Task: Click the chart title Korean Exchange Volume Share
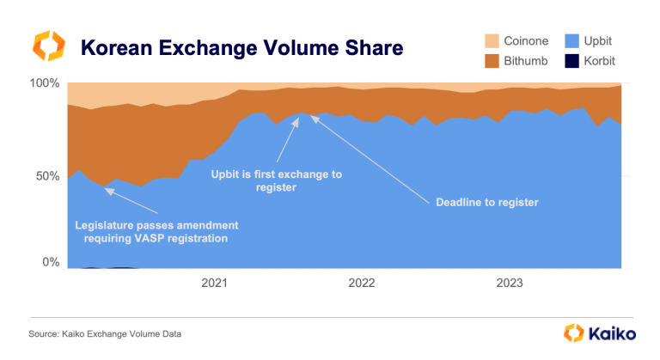[241, 47]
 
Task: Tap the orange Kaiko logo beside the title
[48, 46]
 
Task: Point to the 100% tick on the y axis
[44, 83]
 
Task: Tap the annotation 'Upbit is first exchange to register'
[276, 181]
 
